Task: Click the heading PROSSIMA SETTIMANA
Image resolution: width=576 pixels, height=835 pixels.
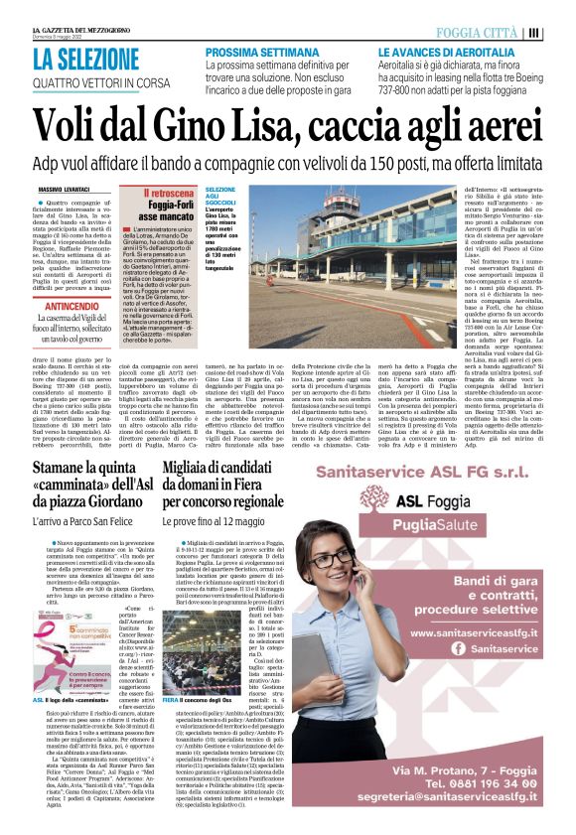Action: (x=263, y=52)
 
